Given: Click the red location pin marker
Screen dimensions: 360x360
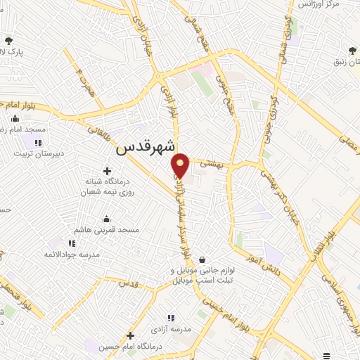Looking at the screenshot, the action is (181, 165).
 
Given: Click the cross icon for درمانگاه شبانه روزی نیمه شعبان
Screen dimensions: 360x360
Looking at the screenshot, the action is (107, 170).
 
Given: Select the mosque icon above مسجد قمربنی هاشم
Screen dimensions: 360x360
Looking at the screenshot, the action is (106, 219).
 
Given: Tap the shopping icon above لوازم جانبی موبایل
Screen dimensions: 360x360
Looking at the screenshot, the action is (202, 259).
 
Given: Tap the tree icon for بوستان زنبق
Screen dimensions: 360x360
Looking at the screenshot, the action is (352, 51).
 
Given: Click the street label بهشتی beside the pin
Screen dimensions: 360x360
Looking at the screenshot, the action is (212, 162).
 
